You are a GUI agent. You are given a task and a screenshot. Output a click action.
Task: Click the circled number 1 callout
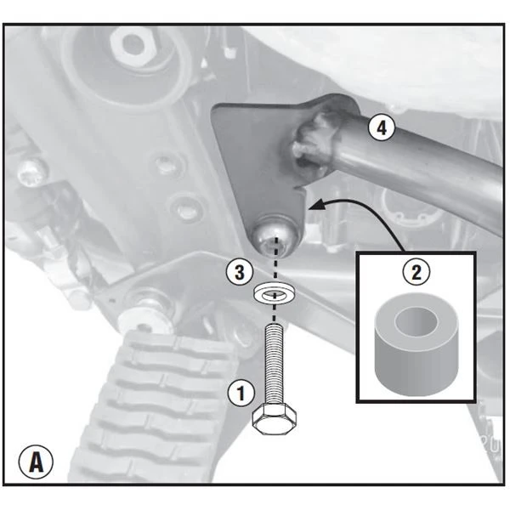[241, 394]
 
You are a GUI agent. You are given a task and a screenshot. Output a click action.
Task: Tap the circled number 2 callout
[416, 273]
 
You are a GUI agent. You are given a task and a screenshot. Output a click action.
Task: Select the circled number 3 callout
[240, 272]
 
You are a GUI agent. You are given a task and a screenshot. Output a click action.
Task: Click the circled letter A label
[36, 462]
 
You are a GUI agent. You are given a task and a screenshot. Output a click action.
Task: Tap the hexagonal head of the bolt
[275, 420]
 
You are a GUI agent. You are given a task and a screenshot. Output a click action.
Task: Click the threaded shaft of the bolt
[275, 365]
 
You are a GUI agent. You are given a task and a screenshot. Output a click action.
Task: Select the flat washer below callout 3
[275, 293]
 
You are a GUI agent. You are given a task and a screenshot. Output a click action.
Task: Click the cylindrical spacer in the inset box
[416, 343]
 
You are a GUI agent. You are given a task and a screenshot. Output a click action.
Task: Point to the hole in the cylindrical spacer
[416, 320]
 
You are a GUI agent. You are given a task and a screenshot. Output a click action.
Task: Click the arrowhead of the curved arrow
[317, 205]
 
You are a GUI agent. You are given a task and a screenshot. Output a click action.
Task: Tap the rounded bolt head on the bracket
[275, 237]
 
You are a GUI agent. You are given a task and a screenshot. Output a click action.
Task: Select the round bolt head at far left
[31, 172]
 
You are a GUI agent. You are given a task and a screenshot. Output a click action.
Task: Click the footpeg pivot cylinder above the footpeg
[144, 312]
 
